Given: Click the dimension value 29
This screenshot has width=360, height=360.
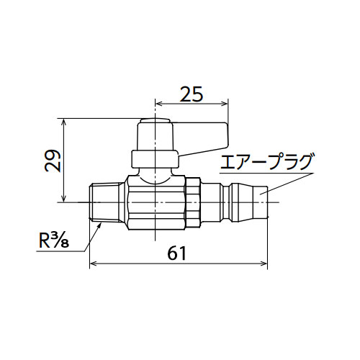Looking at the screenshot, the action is [x=53, y=161].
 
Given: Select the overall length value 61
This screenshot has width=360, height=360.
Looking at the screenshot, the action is [x=177, y=253].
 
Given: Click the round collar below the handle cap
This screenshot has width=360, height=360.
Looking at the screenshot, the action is [x=155, y=159].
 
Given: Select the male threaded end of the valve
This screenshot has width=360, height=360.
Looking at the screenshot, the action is [x=107, y=202].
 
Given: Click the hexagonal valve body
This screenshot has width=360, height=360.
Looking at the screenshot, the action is [x=156, y=203].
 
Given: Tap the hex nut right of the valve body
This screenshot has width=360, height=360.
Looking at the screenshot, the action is [x=193, y=202].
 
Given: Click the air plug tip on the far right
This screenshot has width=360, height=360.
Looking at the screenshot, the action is [x=261, y=202].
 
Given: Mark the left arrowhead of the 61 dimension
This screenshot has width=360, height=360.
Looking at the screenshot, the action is [x=93, y=264].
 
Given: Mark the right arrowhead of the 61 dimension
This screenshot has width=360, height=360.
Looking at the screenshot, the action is [x=264, y=264].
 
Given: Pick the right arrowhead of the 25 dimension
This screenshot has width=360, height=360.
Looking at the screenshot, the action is [x=225, y=104].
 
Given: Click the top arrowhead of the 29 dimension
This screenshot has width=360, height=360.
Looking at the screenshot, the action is [x=63, y=122].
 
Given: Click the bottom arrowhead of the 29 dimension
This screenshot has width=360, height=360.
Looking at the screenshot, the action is [x=63, y=199].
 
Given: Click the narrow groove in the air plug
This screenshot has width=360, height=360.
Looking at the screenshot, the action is [x=227, y=202].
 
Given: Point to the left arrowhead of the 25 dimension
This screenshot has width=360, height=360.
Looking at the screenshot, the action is [x=159, y=104].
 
